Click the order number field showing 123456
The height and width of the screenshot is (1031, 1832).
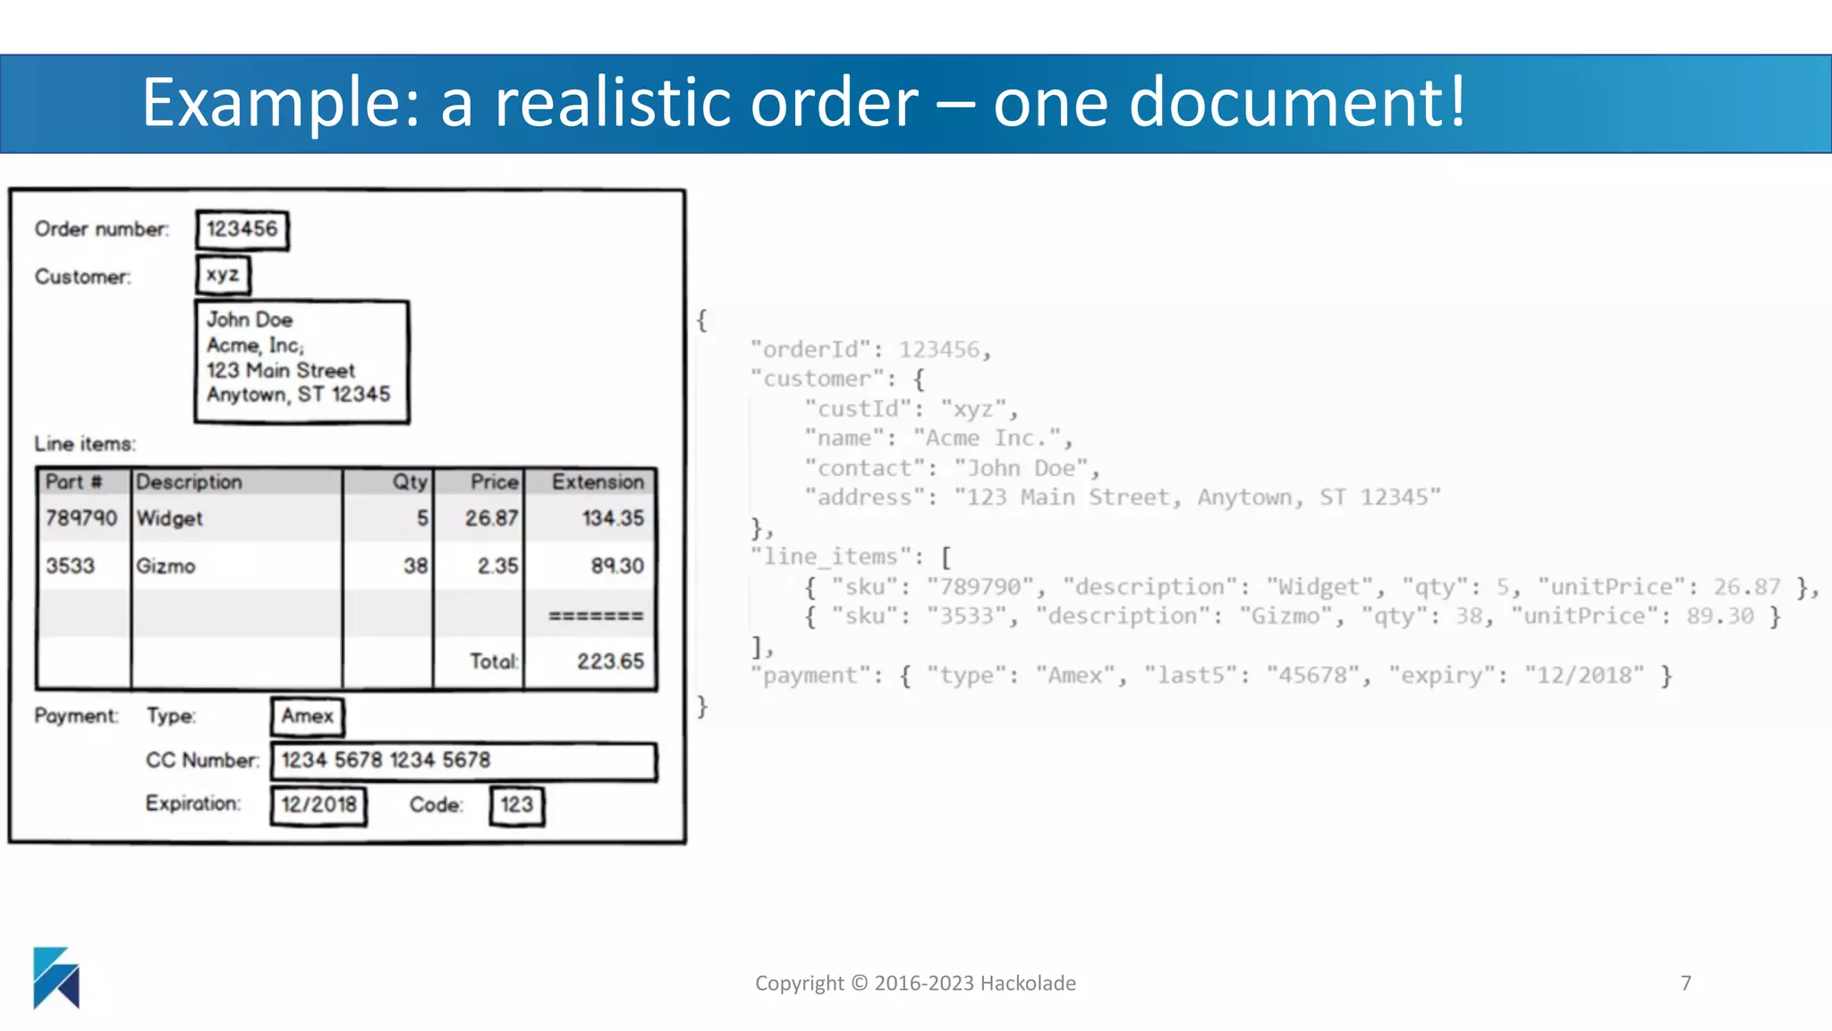click(242, 230)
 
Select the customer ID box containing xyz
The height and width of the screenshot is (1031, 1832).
click(223, 275)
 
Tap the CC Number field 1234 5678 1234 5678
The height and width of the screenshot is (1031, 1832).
click(463, 761)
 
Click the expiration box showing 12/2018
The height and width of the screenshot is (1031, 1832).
click(319, 805)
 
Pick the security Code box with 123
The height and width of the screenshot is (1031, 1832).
click(517, 805)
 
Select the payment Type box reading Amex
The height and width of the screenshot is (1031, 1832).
click(308, 716)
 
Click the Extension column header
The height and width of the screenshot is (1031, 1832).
click(598, 482)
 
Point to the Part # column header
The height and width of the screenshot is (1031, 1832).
click(74, 482)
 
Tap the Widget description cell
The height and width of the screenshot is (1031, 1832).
click(170, 519)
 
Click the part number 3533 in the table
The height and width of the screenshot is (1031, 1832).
click(71, 567)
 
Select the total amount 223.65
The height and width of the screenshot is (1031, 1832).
click(610, 661)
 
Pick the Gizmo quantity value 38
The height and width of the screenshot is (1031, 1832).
click(415, 567)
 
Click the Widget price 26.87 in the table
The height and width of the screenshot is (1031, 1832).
click(491, 519)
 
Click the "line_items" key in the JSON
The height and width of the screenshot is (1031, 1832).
click(830, 557)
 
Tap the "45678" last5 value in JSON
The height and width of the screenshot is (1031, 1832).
click(1313, 676)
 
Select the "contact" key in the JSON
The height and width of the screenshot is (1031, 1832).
click(864, 468)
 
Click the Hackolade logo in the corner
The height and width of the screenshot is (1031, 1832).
click(56, 977)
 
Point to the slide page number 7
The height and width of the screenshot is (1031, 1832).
click(1686, 984)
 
